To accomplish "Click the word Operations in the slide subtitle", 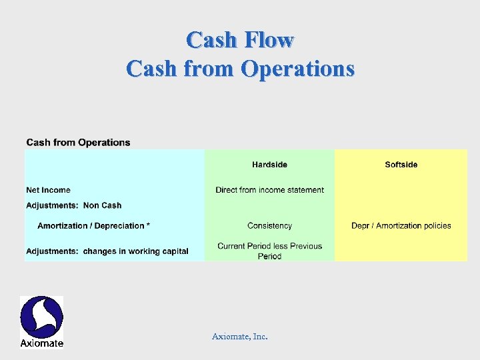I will click(x=298, y=69).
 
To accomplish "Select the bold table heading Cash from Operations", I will click(x=78, y=142).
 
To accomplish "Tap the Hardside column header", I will click(x=269, y=165).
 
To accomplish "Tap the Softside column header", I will click(x=401, y=165).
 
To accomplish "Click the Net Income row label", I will click(x=48, y=190).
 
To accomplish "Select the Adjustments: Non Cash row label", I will click(x=73, y=205).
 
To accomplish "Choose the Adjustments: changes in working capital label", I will click(x=107, y=251).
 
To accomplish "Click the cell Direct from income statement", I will click(x=269, y=190).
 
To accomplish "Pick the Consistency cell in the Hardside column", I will click(x=269, y=226).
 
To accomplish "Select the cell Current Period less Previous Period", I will click(x=269, y=251).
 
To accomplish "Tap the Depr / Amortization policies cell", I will click(x=401, y=226).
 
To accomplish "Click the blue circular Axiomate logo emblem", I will click(x=41, y=317).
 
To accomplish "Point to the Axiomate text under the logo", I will click(x=41, y=343).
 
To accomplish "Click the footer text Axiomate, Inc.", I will click(x=239, y=337).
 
